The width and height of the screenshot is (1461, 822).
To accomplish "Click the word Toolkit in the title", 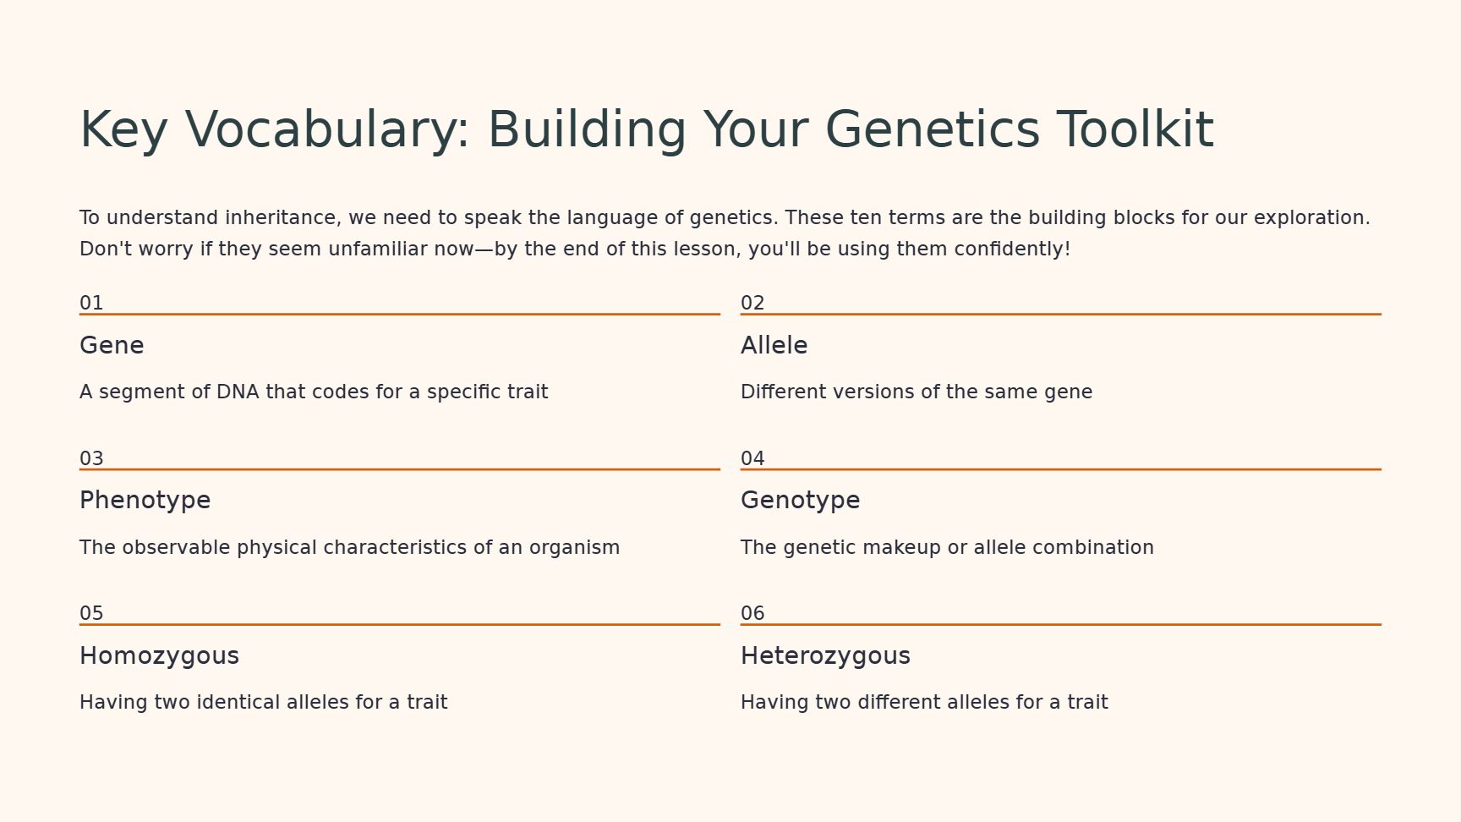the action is tap(1135, 129).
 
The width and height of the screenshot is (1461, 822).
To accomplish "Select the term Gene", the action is tap(112, 345).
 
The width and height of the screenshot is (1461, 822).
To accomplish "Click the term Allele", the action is tap(774, 345).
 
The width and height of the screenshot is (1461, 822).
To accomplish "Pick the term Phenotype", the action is tap(145, 501).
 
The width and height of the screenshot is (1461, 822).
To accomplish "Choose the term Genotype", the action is tap(800, 501).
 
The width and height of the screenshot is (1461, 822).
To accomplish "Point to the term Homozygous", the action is tap(159, 656).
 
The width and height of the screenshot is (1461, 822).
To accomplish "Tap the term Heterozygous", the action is tap(825, 656).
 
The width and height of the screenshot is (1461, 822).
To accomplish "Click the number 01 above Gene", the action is tap(91, 303).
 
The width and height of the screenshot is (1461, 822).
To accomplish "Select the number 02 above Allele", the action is tap(752, 303).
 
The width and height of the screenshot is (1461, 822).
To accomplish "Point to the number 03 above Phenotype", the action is tap(91, 458).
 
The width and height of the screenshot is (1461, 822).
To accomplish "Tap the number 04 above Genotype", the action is tap(752, 458).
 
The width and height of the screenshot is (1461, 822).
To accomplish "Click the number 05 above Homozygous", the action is tap(91, 613).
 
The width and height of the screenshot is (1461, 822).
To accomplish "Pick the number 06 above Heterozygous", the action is tap(752, 613).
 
